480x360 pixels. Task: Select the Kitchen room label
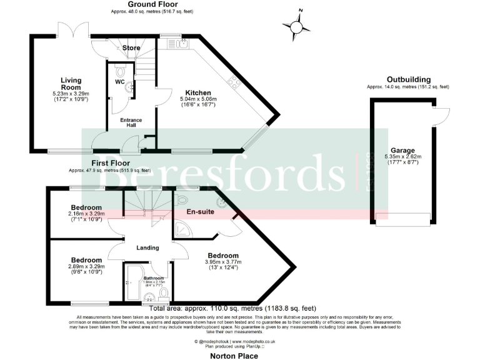click(195, 93)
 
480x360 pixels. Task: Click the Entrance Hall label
click(131, 123)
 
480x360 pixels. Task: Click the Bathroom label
click(153, 277)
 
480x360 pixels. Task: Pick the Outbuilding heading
click(408, 79)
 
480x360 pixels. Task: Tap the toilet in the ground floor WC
click(121, 70)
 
